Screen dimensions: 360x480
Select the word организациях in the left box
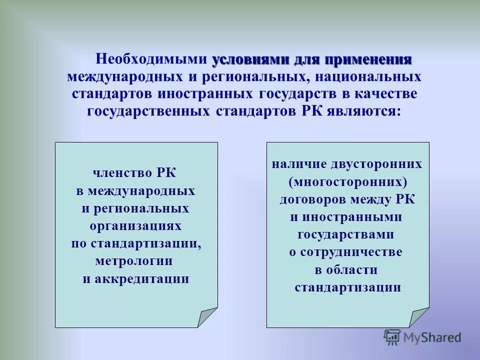136,226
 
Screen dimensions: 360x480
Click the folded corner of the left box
206,316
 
